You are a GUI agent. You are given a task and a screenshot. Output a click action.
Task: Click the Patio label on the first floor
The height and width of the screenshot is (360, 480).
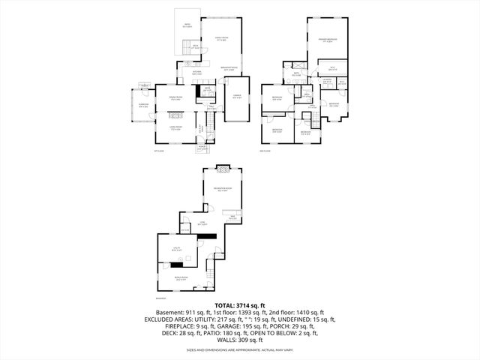[x=187, y=26]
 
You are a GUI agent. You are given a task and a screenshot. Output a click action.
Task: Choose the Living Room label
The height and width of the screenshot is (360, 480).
[x=176, y=128]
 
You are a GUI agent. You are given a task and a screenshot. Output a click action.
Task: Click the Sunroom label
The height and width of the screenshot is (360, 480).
[x=142, y=106]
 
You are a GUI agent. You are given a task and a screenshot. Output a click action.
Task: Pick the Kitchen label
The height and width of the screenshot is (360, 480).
[x=196, y=73]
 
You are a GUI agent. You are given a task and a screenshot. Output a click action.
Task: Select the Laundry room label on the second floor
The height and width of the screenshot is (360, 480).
[x=328, y=80]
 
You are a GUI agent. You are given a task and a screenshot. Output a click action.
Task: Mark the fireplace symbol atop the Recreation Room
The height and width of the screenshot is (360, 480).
[x=222, y=167]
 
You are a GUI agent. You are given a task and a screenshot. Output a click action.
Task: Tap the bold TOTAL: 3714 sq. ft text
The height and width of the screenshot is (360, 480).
[x=239, y=306]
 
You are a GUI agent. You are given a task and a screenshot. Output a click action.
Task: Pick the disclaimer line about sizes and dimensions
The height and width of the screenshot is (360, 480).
[x=239, y=350]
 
